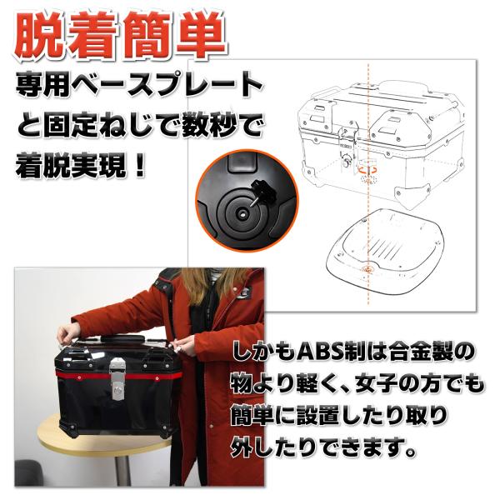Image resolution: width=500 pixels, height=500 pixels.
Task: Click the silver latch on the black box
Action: click(116, 378)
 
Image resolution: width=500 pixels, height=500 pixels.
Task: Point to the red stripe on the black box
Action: click(118, 377)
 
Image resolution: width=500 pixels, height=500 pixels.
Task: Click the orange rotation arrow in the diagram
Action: click(367, 170)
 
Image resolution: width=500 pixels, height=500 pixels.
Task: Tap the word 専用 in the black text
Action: click(42, 85)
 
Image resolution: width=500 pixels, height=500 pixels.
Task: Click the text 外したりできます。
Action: click(322, 447)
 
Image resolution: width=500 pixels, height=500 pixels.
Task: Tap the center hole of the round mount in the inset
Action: click(242, 214)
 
